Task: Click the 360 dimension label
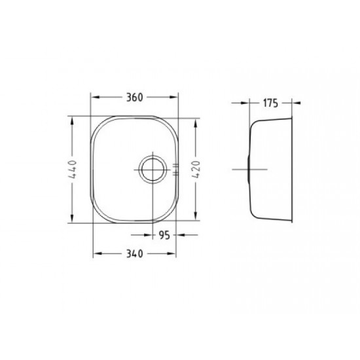click(x=135, y=98)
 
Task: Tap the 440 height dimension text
click(x=73, y=170)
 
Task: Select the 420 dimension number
click(x=196, y=170)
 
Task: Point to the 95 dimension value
click(x=164, y=235)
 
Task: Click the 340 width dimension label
click(x=135, y=254)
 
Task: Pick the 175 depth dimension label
click(x=270, y=103)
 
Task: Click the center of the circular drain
click(x=153, y=170)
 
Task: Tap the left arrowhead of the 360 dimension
click(x=95, y=97)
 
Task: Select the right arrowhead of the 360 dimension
click(x=174, y=97)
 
